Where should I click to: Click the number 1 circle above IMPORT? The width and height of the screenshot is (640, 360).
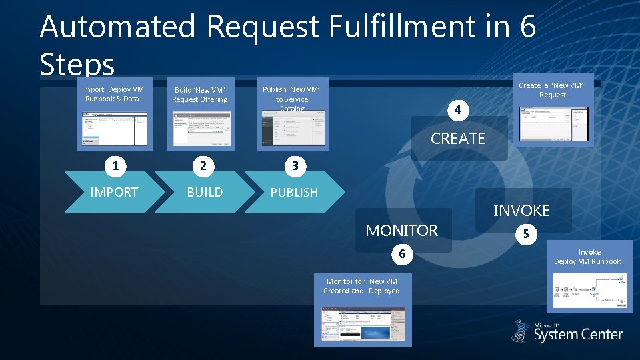[x=115, y=166]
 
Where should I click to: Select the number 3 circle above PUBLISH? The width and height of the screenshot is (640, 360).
[x=294, y=166]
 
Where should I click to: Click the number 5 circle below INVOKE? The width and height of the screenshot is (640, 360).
[x=527, y=234]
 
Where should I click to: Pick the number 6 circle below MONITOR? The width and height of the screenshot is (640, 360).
[x=402, y=254]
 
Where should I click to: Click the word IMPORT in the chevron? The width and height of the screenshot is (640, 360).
[x=114, y=192]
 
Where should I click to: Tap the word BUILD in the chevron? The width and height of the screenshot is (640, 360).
[x=205, y=192]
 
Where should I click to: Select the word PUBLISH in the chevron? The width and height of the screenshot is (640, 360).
[x=293, y=192]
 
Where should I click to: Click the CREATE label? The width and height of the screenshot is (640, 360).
[x=458, y=139]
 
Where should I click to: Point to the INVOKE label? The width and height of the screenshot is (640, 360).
[x=521, y=211]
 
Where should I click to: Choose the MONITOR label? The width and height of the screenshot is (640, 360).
[x=402, y=231]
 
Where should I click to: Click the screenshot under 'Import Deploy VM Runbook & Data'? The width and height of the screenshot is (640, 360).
[x=115, y=128]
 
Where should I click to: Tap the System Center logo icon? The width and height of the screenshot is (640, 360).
[x=521, y=331]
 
